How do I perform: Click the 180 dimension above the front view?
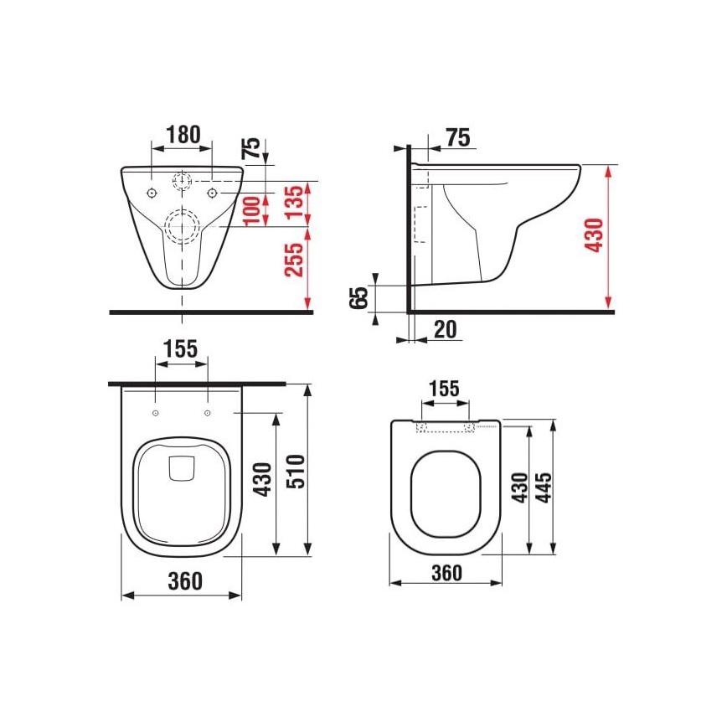click(x=182, y=134)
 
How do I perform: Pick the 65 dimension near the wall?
click(x=358, y=297)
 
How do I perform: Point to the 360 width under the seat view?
click(x=446, y=573)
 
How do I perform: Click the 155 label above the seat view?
click(x=443, y=389)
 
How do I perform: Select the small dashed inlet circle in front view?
click(x=182, y=180)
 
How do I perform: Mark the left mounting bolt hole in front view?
click(x=152, y=193)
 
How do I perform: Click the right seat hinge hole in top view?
click(x=206, y=413)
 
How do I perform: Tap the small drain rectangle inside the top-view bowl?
click(x=181, y=469)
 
